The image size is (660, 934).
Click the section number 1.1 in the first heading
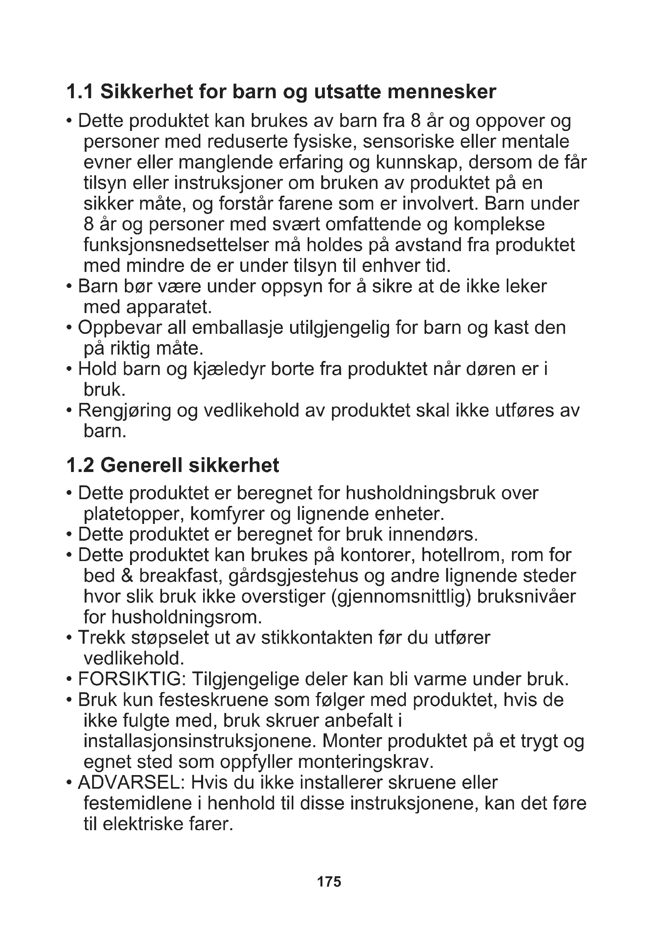pyautogui.click(x=79, y=92)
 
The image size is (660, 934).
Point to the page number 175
pyautogui.click(x=329, y=882)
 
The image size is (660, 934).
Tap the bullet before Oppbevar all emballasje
pyautogui.click(x=69, y=328)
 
